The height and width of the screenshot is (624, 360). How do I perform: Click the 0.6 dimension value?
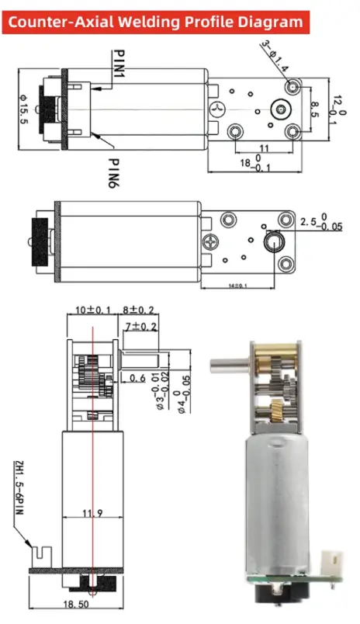coord(138,378)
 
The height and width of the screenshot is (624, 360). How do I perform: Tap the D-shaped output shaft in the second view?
coord(273,244)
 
